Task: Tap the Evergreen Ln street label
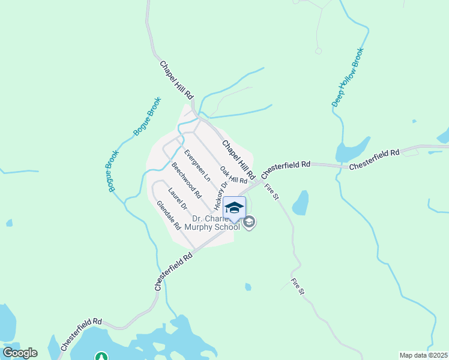point(197,165)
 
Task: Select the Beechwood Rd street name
point(186,180)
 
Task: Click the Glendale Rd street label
point(169,215)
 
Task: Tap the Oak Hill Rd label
point(234,175)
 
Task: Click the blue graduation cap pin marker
point(234,208)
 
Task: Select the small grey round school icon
point(250,223)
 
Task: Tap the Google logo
point(20,353)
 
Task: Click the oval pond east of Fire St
point(300,203)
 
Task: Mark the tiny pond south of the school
point(248,287)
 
